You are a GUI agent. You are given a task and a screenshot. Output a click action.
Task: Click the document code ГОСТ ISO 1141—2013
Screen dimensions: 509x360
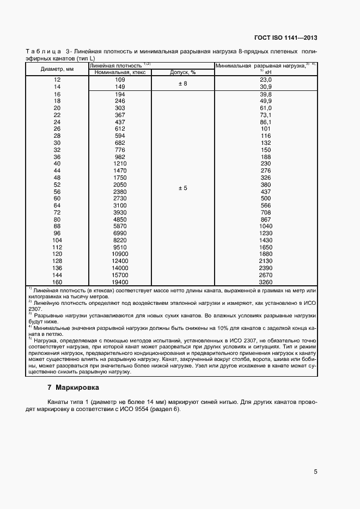tap(286, 38)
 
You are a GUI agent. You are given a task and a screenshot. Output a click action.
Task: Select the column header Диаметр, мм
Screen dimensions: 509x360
tap(57, 69)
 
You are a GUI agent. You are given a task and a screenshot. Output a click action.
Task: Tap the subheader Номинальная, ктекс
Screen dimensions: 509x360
tap(120, 72)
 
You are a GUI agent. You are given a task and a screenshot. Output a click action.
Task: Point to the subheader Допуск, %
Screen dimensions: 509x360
tap(183, 72)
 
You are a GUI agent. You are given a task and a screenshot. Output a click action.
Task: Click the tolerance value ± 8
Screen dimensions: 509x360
tap(183, 83)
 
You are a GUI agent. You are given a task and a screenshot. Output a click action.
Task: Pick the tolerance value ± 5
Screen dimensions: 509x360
tap(183, 188)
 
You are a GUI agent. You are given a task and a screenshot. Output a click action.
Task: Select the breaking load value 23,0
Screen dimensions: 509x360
tap(265, 79)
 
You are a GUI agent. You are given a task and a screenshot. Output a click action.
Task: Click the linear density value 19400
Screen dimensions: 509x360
tap(120, 282)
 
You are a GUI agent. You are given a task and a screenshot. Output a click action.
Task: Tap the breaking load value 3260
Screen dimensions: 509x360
tap(265, 282)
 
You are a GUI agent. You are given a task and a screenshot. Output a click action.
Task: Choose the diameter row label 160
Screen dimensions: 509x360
tap(57, 282)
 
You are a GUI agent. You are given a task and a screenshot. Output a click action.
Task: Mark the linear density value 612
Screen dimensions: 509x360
tap(120, 129)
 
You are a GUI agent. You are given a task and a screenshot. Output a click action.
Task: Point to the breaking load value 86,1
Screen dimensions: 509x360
tap(265, 122)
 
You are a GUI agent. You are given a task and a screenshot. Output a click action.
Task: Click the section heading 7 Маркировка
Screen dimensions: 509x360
tap(74, 388)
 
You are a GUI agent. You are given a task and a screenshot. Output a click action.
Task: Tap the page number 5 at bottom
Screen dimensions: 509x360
tap(315, 472)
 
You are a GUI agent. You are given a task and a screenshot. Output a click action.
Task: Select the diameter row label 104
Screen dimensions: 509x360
tap(57, 240)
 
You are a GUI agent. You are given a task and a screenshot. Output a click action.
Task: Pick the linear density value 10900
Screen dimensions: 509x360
tap(120, 254)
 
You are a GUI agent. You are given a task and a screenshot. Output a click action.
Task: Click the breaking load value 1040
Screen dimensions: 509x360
tap(265, 226)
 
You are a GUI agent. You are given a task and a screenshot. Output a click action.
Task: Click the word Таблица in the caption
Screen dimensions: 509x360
tap(44, 51)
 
